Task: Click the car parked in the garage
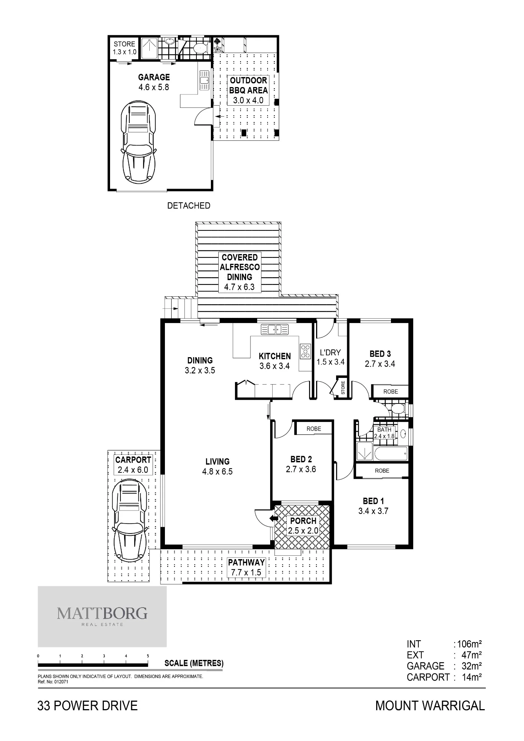139,142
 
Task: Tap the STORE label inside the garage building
125,44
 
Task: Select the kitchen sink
275,329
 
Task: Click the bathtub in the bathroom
391,453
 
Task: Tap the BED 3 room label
380,354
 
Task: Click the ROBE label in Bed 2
314,429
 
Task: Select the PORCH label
303,521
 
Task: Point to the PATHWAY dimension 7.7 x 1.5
246,572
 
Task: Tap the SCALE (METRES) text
194,663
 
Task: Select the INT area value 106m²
470,644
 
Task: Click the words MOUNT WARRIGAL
430,706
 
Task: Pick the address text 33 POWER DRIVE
87,706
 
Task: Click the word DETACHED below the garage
189,206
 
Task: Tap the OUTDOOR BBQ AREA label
248,85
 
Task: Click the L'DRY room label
330,352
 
